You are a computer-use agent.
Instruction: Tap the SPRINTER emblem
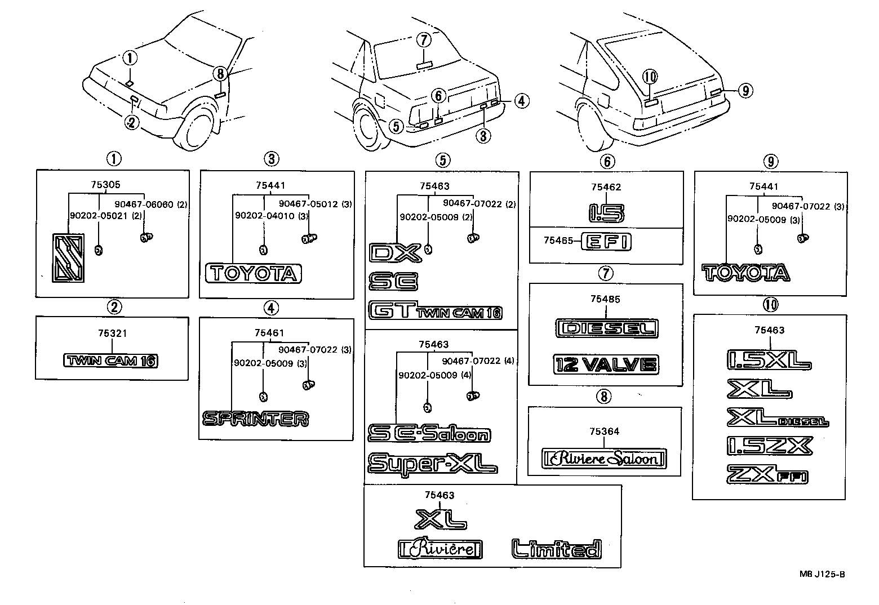pyautogui.click(x=255, y=419)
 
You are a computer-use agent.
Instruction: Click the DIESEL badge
pyautogui.click(x=606, y=328)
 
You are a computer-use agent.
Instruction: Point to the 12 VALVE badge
pyautogui.click(x=605, y=364)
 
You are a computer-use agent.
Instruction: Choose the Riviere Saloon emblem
pyautogui.click(x=603, y=459)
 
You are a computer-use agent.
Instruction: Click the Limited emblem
pyautogui.click(x=556, y=548)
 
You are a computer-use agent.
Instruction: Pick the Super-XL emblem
pyautogui.click(x=432, y=463)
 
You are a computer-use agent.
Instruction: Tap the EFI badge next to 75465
pyautogui.click(x=606, y=242)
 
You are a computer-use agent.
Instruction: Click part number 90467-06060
pyautogui.click(x=144, y=205)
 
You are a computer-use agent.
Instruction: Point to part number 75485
pyautogui.click(x=605, y=299)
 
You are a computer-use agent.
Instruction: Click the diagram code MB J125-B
pyautogui.click(x=822, y=574)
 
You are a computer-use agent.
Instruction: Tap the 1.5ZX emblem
pyautogui.click(x=770, y=445)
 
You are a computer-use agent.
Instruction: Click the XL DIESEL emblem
pyautogui.click(x=778, y=418)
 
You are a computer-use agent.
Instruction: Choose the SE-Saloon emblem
pyautogui.click(x=429, y=433)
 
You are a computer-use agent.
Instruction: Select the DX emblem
pyautogui.click(x=395, y=253)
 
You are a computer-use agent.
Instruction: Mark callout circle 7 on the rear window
pyautogui.click(x=424, y=40)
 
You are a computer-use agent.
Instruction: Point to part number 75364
pyautogui.click(x=604, y=431)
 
